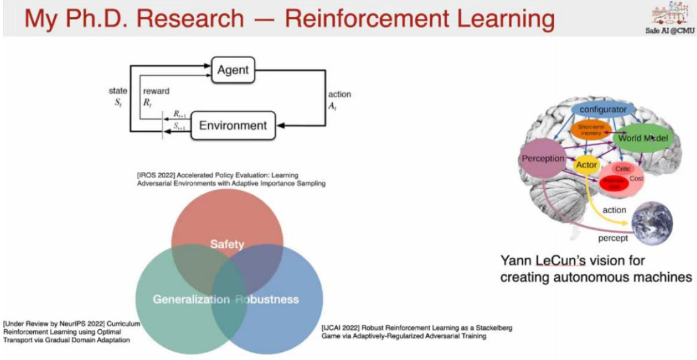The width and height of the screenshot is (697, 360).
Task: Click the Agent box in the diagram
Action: pos(233,70)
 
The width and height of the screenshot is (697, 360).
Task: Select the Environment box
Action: pos(233,125)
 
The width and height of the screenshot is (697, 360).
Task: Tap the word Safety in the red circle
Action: pos(227,244)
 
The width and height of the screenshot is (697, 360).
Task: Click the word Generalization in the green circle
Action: pos(191,299)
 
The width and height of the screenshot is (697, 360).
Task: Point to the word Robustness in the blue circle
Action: pos(266,299)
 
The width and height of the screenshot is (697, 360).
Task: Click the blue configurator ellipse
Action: pos(603,110)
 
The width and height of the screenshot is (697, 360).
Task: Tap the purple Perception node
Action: pos(543,159)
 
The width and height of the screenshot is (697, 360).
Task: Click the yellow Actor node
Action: pos(587,165)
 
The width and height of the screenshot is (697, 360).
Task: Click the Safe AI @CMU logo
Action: pos(671,19)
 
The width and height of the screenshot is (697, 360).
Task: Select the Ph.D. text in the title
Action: pos(103,19)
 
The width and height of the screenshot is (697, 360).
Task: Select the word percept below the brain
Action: pos(613,238)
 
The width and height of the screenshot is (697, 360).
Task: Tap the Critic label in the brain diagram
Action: pos(622,169)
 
